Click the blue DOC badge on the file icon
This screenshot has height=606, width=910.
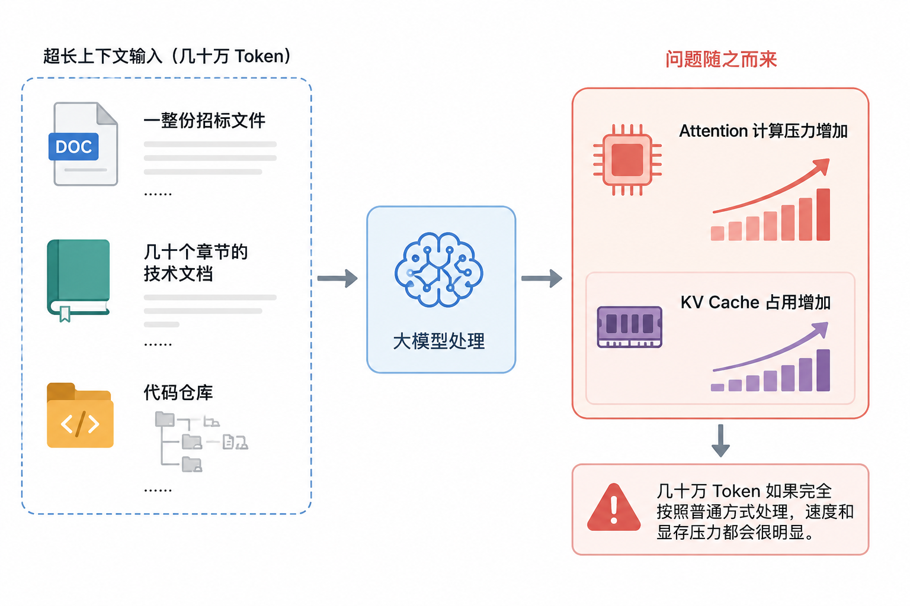point(73,147)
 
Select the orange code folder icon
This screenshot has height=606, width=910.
point(80,415)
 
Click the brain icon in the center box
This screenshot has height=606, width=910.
point(439,269)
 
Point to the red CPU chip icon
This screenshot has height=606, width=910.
point(627,160)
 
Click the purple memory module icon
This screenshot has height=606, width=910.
point(630,327)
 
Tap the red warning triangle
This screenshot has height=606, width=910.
point(614,507)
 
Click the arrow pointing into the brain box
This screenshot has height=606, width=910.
point(337,279)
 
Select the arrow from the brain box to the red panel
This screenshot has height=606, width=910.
point(541,279)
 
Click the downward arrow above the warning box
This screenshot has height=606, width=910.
point(720,441)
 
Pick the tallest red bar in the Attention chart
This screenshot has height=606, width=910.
point(823,215)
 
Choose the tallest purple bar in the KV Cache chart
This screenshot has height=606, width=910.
point(823,370)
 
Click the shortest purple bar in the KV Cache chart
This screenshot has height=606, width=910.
point(717,388)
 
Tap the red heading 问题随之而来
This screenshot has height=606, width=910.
point(720,59)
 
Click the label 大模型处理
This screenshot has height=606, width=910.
point(439,341)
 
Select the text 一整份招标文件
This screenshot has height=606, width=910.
point(204,121)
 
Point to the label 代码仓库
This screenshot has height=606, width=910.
point(178,392)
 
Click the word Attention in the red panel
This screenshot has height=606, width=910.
point(713,131)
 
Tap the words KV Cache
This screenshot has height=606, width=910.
point(720,302)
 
